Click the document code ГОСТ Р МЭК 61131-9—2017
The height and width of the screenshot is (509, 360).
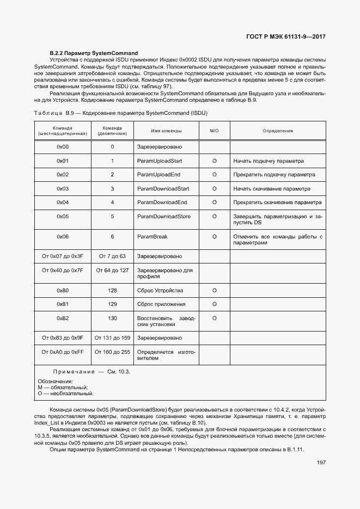point(285,38)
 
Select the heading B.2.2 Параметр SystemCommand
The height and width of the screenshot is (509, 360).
point(94,53)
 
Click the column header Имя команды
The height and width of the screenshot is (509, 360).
point(166,131)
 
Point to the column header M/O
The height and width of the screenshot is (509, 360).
point(214,131)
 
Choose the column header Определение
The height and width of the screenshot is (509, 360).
point(278,131)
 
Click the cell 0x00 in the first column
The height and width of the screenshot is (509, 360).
point(63,147)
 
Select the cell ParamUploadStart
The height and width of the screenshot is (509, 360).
point(159,161)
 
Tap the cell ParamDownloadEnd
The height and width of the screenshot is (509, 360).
point(162,202)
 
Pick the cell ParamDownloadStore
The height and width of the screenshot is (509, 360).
point(163,216)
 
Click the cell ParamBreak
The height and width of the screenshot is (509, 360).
point(152,237)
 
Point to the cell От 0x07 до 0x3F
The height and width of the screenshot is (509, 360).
point(63,256)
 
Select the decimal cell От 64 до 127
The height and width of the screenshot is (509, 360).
point(112,270)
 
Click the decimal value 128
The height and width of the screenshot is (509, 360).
point(112,290)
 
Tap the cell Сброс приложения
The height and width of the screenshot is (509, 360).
point(161,304)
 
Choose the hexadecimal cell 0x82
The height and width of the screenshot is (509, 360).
point(63,318)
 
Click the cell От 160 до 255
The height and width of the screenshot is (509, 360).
point(112,352)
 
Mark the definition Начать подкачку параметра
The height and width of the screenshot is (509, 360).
point(269,161)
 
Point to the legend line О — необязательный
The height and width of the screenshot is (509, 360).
point(65,393)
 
